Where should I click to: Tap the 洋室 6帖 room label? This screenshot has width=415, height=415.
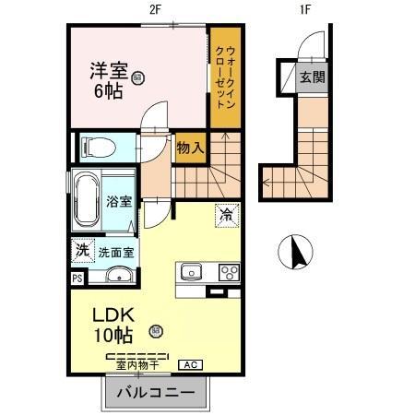pyautogui.click(x=109, y=78)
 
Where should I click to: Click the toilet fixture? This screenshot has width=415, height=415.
pyautogui.click(x=97, y=146)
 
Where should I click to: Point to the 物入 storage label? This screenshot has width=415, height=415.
pyautogui.click(x=191, y=148)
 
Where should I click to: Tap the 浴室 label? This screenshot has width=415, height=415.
pyautogui.click(x=118, y=201)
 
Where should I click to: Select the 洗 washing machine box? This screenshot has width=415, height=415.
pyautogui.click(x=81, y=249)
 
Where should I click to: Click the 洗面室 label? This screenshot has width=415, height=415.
pyautogui.click(x=116, y=250)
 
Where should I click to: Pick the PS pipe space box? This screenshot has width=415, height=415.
pyautogui.click(x=77, y=276)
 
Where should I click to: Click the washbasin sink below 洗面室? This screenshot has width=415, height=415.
pyautogui.click(x=118, y=275)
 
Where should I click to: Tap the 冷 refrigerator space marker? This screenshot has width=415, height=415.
pyautogui.click(x=226, y=214)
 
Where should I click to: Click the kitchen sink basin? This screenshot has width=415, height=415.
pyautogui.click(x=192, y=271)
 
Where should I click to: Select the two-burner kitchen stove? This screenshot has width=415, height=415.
pyautogui.click(x=228, y=271)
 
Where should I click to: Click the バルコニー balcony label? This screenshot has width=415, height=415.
pyautogui.click(x=154, y=394)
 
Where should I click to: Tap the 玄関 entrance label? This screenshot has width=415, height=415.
pyautogui.click(x=311, y=77)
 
